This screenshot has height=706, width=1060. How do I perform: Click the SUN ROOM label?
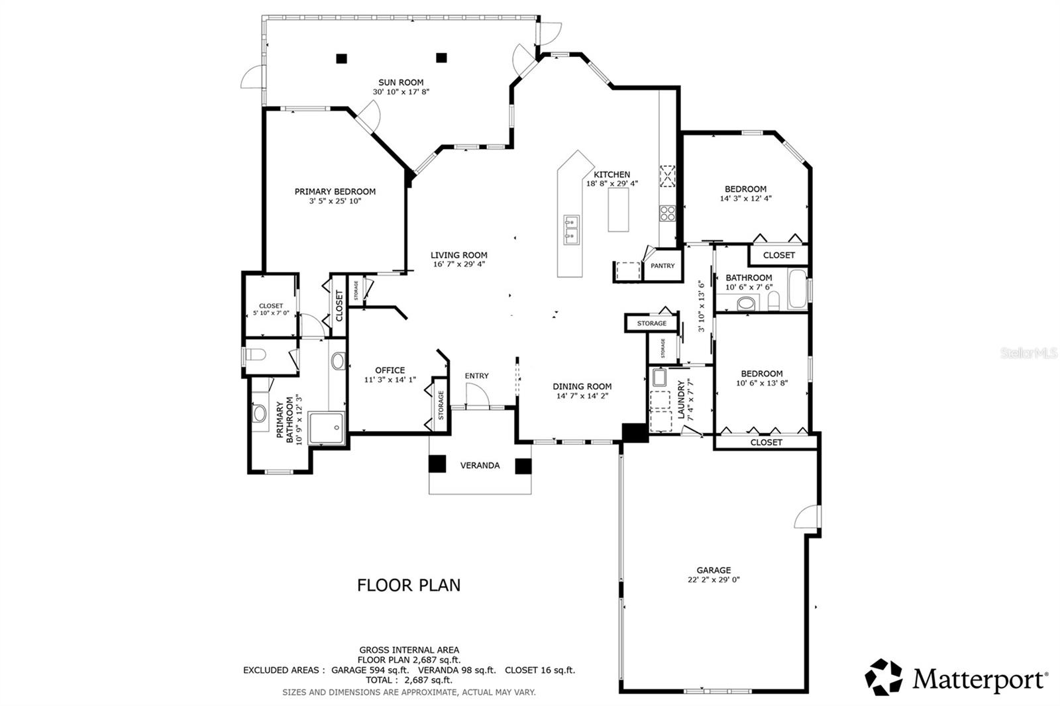401,82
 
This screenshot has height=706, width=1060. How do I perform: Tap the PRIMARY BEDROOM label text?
335,191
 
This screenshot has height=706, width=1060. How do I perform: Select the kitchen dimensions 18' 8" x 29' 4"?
612,183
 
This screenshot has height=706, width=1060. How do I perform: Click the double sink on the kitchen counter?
571,230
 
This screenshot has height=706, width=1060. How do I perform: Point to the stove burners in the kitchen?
668,213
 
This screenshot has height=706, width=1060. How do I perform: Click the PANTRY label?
662,266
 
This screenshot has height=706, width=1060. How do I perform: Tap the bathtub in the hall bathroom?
798,289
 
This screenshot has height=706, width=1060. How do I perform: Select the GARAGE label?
714,570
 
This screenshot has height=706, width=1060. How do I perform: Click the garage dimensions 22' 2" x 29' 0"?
714,580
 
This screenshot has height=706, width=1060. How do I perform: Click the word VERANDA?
480,466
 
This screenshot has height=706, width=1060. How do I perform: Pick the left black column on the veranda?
437,464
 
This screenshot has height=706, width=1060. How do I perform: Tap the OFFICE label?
390,370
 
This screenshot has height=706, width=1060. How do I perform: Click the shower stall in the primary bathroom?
327,428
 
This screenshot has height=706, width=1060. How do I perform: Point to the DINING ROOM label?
582,386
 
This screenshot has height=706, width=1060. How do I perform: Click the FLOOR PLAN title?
409,585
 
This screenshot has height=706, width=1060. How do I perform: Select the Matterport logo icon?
884,677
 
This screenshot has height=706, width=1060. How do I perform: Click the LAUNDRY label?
681,400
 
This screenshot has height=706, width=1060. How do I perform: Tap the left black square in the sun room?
342,59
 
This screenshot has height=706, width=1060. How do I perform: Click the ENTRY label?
476,376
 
